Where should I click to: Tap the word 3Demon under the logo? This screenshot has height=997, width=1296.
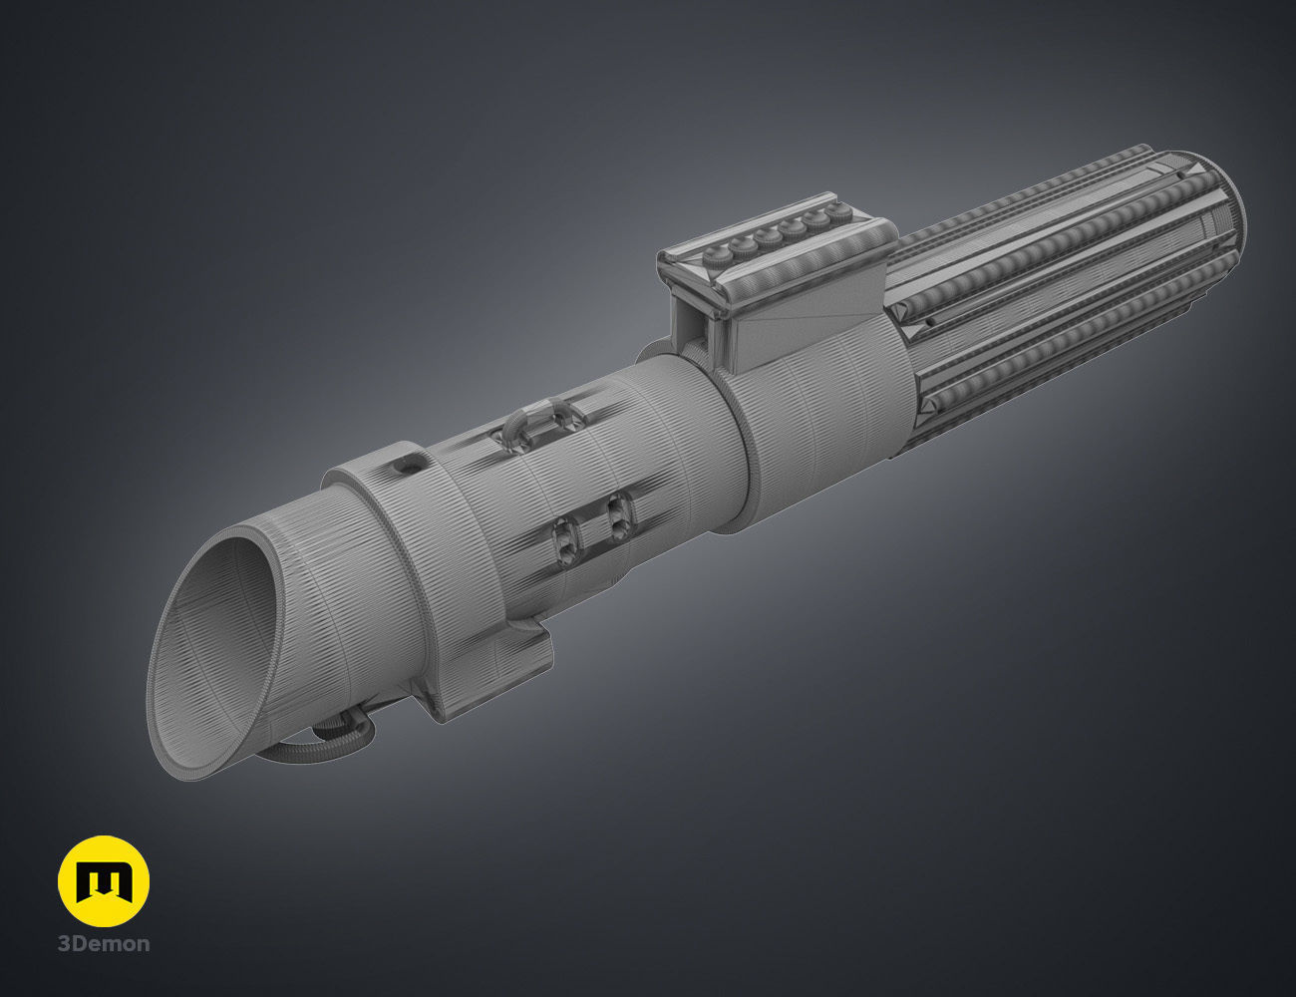(104, 944)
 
